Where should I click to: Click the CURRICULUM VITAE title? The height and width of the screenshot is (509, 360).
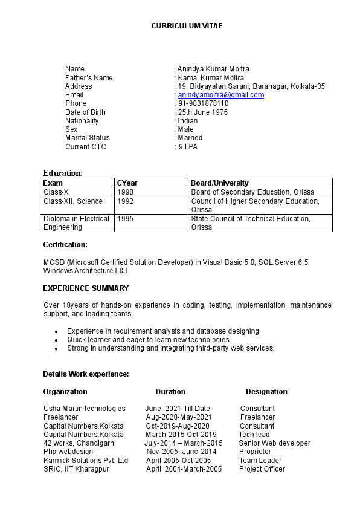(187, 26)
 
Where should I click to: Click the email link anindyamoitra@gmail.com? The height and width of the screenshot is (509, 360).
(221, 95)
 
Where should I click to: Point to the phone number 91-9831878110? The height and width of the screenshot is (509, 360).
(203, 103)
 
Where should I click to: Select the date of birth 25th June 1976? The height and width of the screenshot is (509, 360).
(203, 112)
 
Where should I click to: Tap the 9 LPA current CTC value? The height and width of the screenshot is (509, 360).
(188, 147)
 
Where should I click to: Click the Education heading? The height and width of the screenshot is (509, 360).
(63, 173)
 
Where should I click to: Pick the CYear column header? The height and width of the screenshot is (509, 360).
(127, 183)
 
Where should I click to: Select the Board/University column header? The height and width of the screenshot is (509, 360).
(220, 183)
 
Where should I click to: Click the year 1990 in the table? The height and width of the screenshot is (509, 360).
(126, 192)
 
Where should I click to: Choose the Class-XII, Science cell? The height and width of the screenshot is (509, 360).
(73, 201)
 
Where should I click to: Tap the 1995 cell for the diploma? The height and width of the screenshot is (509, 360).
(126, 219)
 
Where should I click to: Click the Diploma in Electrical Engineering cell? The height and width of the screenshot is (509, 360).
(76, 223)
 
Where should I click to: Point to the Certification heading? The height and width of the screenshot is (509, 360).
(65, 245)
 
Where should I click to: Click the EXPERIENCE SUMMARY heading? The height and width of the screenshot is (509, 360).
(86, 288)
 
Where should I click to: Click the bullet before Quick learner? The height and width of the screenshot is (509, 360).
(56, 340)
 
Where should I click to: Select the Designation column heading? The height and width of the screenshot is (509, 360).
(266, 392)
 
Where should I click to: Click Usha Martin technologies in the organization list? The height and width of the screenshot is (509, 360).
(85, 409)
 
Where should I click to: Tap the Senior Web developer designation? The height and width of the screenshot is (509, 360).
(274, 443)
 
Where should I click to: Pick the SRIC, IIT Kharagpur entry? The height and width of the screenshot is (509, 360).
(76, 469)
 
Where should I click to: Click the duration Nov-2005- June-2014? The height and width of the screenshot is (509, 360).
(181, 452)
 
